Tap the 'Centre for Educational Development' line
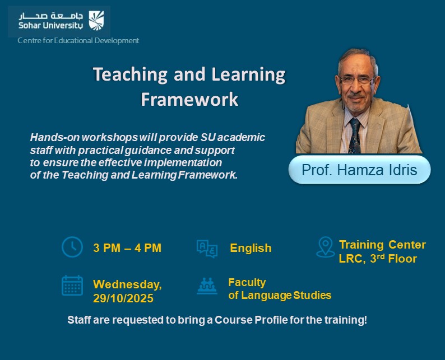point(78,40)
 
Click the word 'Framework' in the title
point(189,99)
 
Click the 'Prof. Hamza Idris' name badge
point(359,170)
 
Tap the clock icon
point(72,247)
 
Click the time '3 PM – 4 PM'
point(127,248)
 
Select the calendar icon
point(72,285)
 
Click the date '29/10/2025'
point(123,298)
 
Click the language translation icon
point(207,248)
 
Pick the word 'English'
point(251,248)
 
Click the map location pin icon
point(325,247)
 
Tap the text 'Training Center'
point(382,245)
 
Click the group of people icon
point(207,286)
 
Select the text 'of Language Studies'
point(280,295)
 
